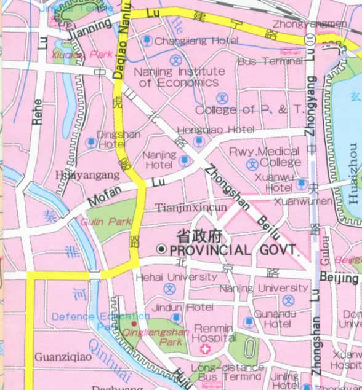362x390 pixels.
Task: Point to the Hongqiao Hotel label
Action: [x=215, y=130]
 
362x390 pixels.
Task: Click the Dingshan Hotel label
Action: [x=111, y=139]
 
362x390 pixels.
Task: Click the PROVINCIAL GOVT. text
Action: [x=234, y=250]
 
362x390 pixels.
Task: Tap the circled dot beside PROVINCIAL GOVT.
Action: [x=161, y=249]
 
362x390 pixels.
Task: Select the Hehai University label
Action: [x=175, y=277]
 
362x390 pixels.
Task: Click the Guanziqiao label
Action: [x=54, y=356]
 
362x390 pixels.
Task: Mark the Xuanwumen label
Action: [x=302, y=201]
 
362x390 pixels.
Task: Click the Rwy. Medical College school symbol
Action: [x=252, y=165]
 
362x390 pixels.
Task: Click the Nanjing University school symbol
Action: [x=288, y=300]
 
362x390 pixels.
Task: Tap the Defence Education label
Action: [x=90, y=317]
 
